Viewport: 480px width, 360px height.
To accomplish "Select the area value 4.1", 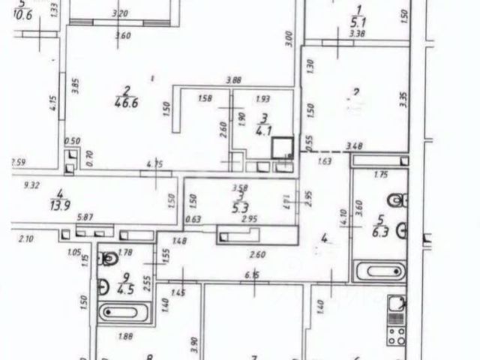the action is coord(262,130).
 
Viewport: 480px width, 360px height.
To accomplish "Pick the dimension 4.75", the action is coord(154,163).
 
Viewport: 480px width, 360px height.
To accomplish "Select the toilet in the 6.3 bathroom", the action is coord(396,199).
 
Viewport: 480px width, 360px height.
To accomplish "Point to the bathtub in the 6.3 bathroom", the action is coord(379,271).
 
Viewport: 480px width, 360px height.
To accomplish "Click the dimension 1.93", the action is coord(262,99).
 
